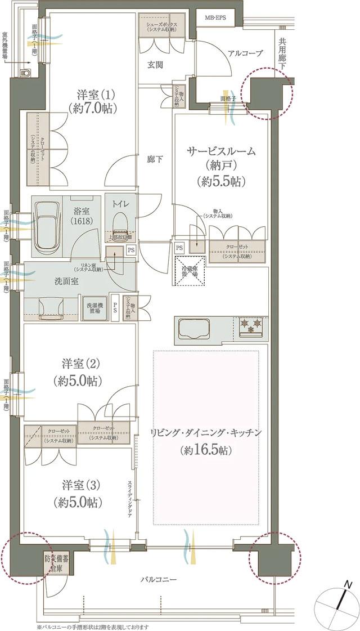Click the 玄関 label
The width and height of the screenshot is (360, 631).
155,65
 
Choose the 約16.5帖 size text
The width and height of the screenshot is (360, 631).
207,450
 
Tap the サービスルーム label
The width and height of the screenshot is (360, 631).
222,151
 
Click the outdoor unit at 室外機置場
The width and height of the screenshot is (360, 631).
25,73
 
